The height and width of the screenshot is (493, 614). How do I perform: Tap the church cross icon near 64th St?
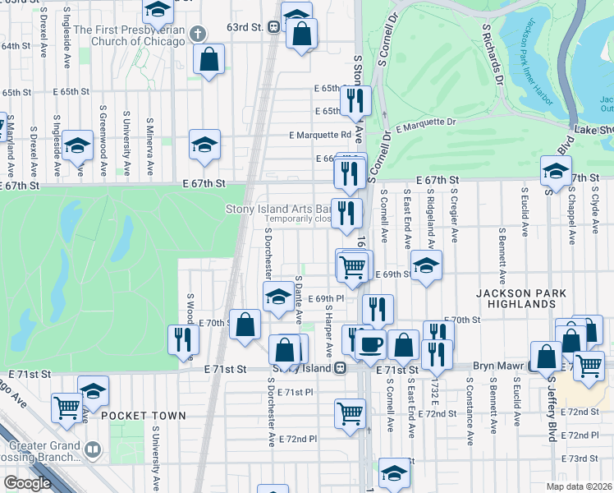(196, 34)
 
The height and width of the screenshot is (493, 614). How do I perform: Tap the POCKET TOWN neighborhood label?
(145, 416)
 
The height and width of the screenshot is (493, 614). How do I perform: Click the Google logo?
(27, 483)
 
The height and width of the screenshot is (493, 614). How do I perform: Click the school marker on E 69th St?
(426, 266)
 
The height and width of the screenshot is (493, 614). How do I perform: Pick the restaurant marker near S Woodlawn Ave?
(183, 339)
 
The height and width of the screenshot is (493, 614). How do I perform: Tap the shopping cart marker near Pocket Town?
(66, 407)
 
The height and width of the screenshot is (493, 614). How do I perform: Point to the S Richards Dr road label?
(492, 54)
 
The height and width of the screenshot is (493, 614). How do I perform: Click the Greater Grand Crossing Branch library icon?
(93, 449)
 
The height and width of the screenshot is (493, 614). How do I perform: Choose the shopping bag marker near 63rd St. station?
(301, 35)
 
